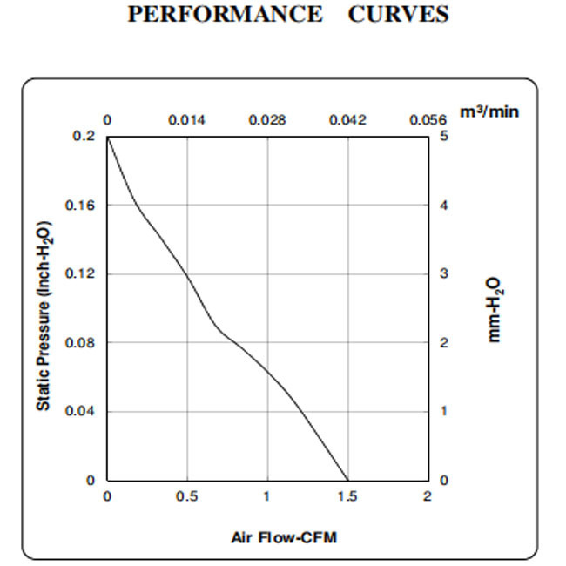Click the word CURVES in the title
pyautogui.click(x=399, y=15)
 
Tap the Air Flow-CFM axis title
pyautogui.click(x=283, y=537)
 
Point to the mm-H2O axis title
pyautogui.click(x=493, y=310)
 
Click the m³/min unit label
pyautogui.click(x=489, y=112)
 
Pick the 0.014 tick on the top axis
pyautogui.click(x=186, y=119)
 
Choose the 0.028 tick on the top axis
pyautogui.click(x=267, y=119)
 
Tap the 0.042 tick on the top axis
pyautogui.click(x=347, y=119)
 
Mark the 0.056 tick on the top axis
pyautogui.click(x=428, y=119)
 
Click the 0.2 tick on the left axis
pyautogui.click(x=84, y=137)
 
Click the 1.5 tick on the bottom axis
pyautogui.click(x=347, y=496)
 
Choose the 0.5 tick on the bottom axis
pyautogui.click(x=187, y=496)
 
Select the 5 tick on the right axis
pyautogui.click(x=444, y=137)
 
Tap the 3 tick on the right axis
pyautogui.click(x=444, y=274)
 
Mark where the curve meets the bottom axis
pyautogui.click(x=347, y=480)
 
